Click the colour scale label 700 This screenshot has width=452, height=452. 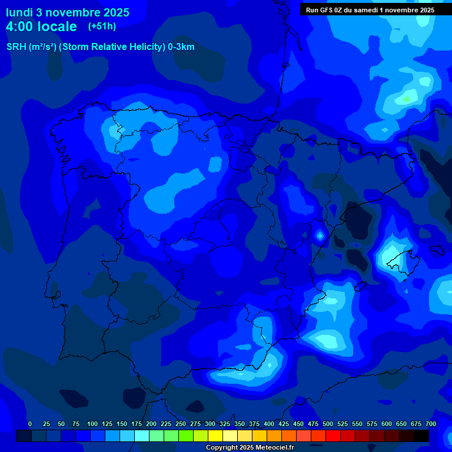tap(430, 424)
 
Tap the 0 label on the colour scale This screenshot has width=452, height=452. tap(30, 424)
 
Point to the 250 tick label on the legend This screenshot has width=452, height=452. tap(165, 424)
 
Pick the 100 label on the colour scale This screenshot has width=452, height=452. tap(92, 424)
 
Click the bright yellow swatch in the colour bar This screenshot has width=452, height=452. tap(215, 436)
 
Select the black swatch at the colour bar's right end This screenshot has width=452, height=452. tap(421, 436)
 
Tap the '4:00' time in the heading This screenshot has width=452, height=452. tap(20, 26)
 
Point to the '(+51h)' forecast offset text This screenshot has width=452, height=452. tap(102, 26)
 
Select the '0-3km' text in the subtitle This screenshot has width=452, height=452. tap(181, 47)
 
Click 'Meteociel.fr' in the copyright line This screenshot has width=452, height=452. tap(270, 448)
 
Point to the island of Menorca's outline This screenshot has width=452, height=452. tap(436, 250)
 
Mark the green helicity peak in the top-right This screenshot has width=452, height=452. tap(406, 99)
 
